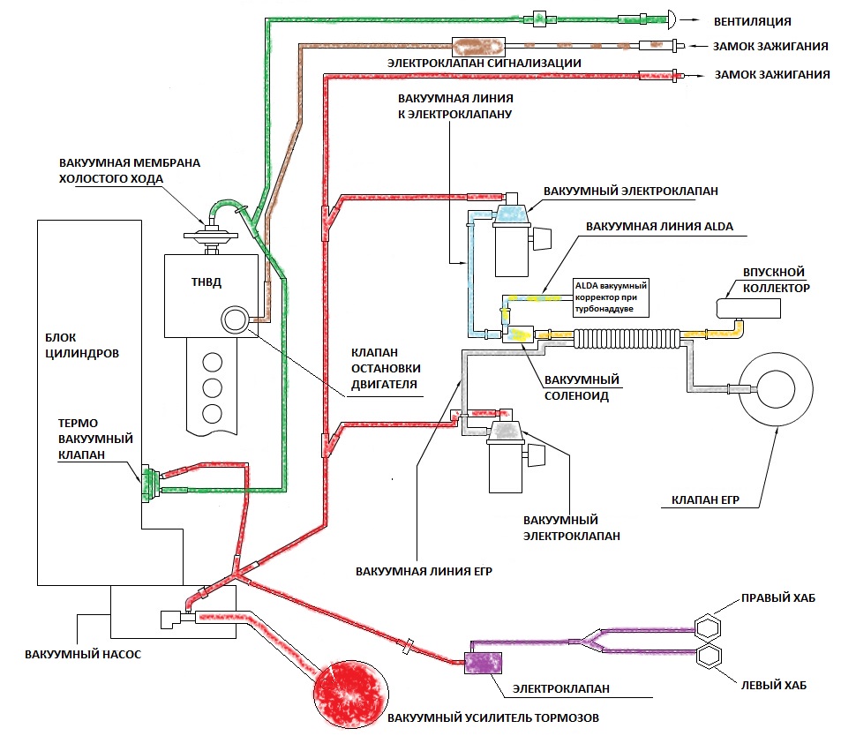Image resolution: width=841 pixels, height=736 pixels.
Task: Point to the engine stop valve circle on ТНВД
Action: [237, 319]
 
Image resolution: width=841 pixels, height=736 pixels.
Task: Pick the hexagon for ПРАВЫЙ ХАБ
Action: [709, 628]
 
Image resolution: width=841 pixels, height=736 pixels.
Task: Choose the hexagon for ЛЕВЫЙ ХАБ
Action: [709, 657]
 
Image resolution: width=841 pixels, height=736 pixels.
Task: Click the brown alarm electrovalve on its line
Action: [477, 45]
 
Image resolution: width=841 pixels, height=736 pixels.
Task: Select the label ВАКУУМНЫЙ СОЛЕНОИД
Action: [582, 387]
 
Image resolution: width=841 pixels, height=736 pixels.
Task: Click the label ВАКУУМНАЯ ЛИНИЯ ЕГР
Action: [424, 571]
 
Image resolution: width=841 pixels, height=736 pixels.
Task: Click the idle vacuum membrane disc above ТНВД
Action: [211, 234]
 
